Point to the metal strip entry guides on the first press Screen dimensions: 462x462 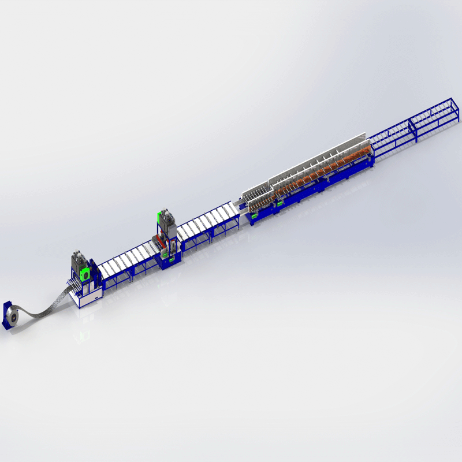pos(72,284)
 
